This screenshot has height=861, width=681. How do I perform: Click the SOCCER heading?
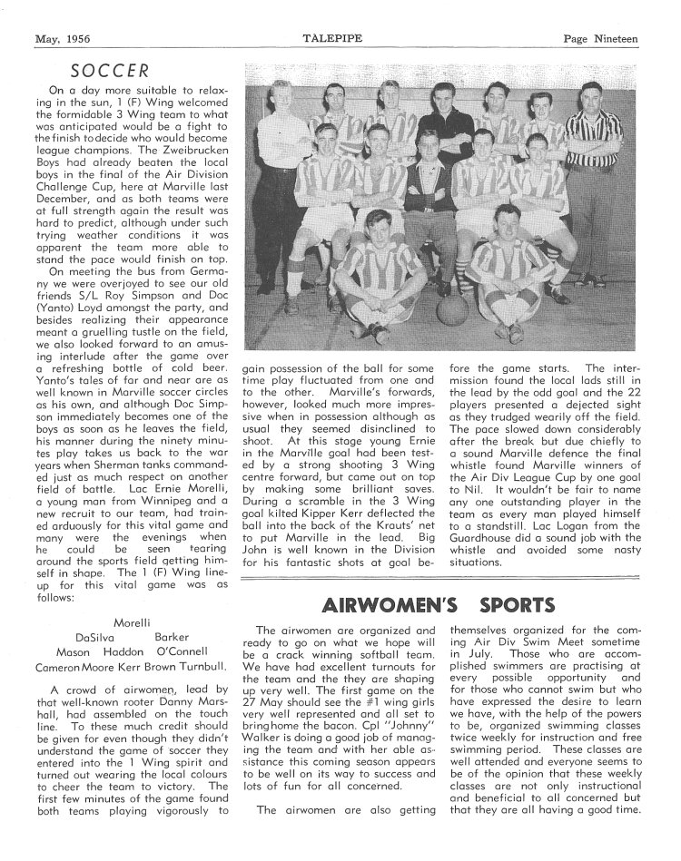[111, 69]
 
